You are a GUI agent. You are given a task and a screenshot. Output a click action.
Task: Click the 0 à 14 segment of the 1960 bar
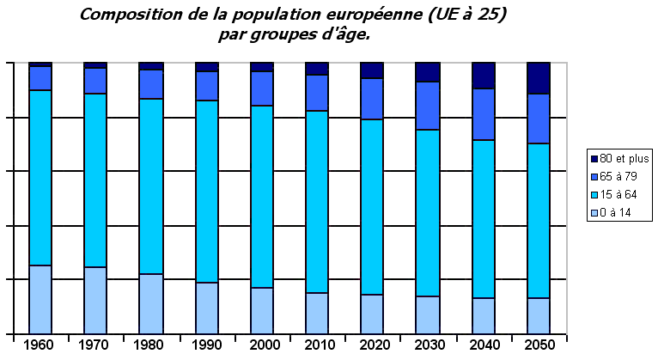coord(40,299)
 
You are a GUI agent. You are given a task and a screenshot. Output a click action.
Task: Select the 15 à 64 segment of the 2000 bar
coord(261,196)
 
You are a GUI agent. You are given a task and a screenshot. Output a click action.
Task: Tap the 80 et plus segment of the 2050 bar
coord(539,78)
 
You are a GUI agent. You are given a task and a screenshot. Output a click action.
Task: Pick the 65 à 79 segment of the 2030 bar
coord(428,106)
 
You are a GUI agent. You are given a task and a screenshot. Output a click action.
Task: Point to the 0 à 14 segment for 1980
coord(151,303)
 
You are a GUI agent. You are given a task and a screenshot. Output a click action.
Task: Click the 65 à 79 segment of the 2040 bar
coord(484,114)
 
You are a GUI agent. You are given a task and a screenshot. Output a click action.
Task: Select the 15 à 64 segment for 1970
coord(95,180)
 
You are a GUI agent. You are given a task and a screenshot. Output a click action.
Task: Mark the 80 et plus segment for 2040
coord(484,76)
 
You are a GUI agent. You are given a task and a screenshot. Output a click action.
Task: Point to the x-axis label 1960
coord(40,345)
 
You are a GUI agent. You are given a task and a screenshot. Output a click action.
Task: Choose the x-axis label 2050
coord(539,345)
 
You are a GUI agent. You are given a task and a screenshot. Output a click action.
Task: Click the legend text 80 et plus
coord(624,158)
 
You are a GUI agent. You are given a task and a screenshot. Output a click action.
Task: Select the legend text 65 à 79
coord(618,176)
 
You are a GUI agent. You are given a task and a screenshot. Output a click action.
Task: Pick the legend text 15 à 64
coord(618,194)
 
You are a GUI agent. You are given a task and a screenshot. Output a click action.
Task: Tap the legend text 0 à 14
coord(616,212)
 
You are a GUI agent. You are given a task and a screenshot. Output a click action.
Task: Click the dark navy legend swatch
coord(593,158)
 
